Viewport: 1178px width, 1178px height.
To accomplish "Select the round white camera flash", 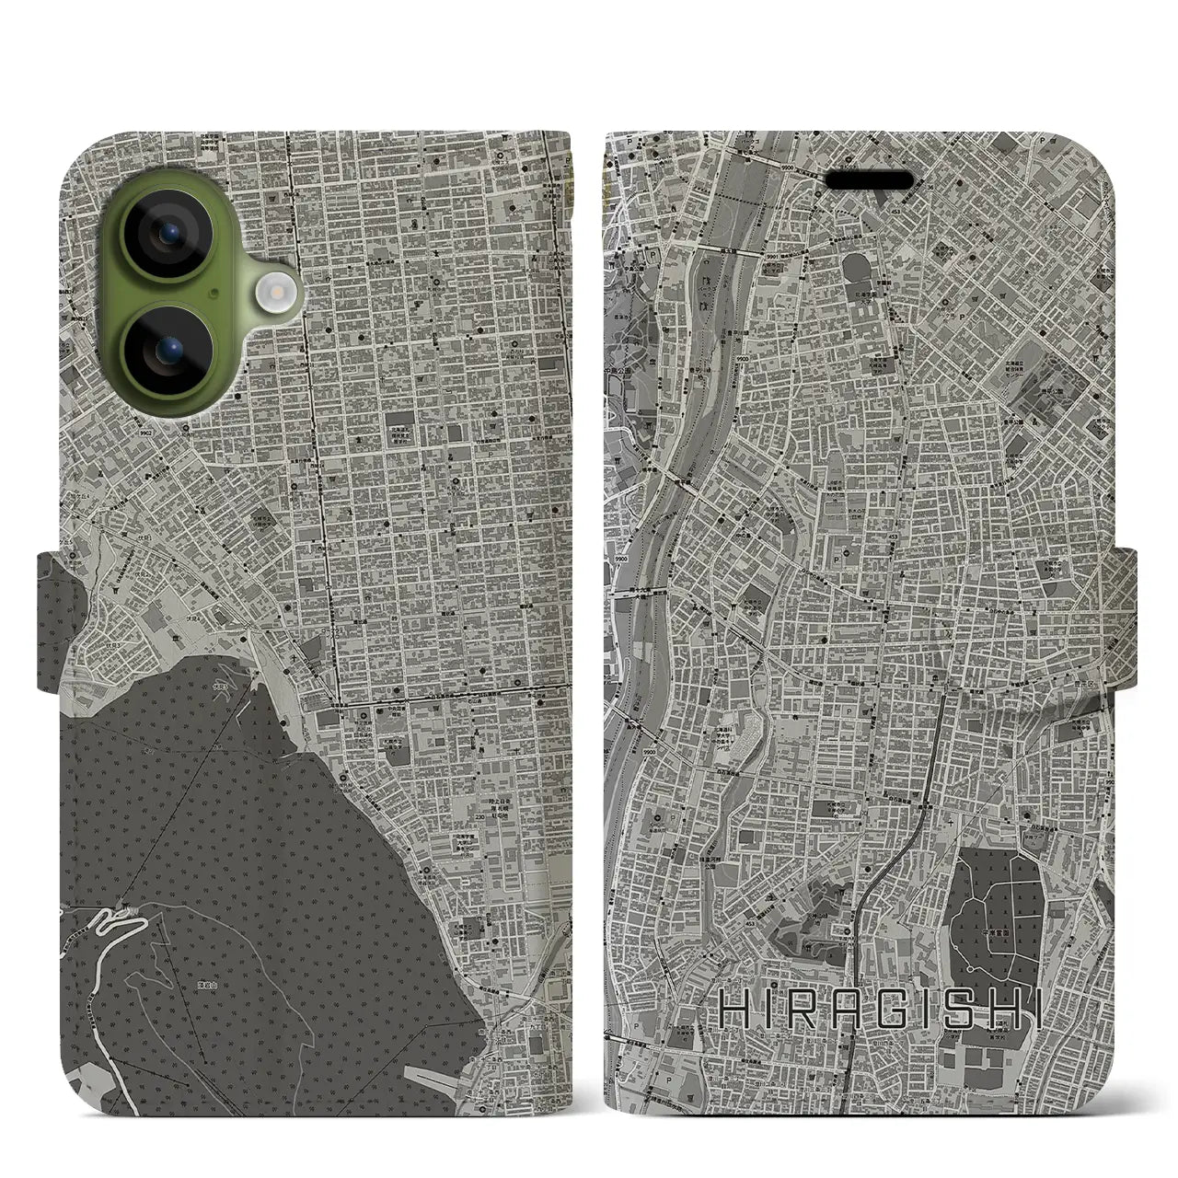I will [x=273, y=294].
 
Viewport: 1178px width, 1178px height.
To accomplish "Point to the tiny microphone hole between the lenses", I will [x=214, y=294].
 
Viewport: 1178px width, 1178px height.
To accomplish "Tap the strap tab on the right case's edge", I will [x=1125, y=607].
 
